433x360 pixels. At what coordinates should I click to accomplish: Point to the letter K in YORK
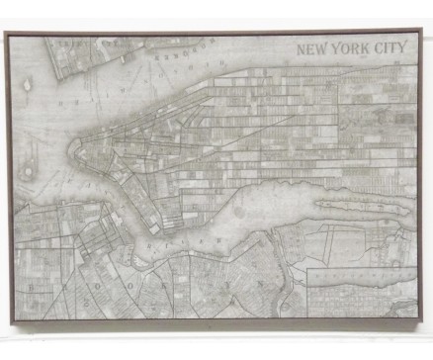point(365,48)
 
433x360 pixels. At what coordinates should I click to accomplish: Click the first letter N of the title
point(303,48)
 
